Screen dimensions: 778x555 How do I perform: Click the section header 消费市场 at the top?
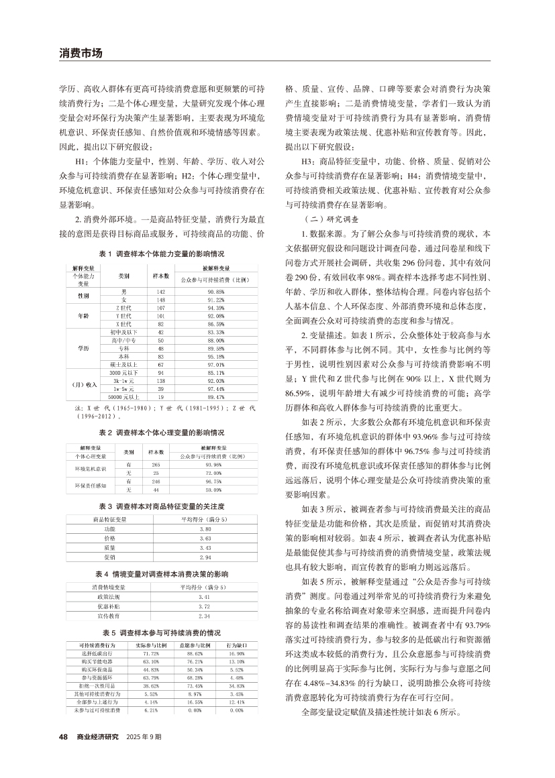click(81, 52)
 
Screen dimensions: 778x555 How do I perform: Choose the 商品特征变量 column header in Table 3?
click(109, 519)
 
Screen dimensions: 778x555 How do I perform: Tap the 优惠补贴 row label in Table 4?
click(109, 606)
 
